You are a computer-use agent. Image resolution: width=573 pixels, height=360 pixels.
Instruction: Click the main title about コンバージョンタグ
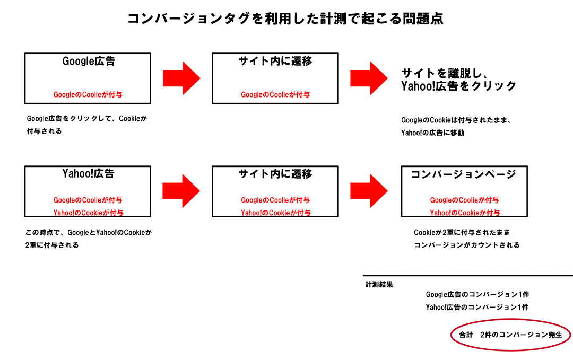click(285, 19)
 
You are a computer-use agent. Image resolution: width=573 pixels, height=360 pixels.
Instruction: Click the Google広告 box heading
click(89, 62)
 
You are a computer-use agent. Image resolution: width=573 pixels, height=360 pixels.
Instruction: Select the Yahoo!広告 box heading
click(88, 174)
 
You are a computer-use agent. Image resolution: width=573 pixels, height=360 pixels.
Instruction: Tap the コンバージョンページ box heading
click(463, 174)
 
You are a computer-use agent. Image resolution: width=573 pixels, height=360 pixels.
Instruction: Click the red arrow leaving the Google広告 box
click(181, 78)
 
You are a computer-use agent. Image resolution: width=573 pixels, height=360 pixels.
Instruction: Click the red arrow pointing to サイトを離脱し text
click(369, 78)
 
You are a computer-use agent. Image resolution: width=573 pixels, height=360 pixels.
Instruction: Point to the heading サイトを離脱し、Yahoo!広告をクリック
click(458, 80)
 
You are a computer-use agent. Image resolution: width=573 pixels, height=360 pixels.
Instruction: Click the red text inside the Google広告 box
click(88, 95)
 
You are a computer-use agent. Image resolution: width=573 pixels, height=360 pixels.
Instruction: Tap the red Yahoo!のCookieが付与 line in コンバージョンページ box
click(464, 213)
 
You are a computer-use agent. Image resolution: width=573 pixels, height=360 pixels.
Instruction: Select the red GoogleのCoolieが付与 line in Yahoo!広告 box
click(88, 200)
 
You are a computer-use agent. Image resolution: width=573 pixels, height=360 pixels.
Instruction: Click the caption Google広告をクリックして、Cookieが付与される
click(86, 125)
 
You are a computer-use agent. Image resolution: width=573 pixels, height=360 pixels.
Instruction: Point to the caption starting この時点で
click(88, 239)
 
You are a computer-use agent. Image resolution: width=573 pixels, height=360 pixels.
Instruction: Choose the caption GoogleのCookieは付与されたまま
click(455, 126)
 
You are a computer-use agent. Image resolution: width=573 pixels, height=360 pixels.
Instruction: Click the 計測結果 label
click(379, 285)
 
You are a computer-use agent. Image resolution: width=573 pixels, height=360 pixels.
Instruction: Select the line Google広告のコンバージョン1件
click(477, 294)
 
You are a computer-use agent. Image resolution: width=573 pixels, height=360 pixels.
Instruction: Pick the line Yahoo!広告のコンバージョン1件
click(477, 307)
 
